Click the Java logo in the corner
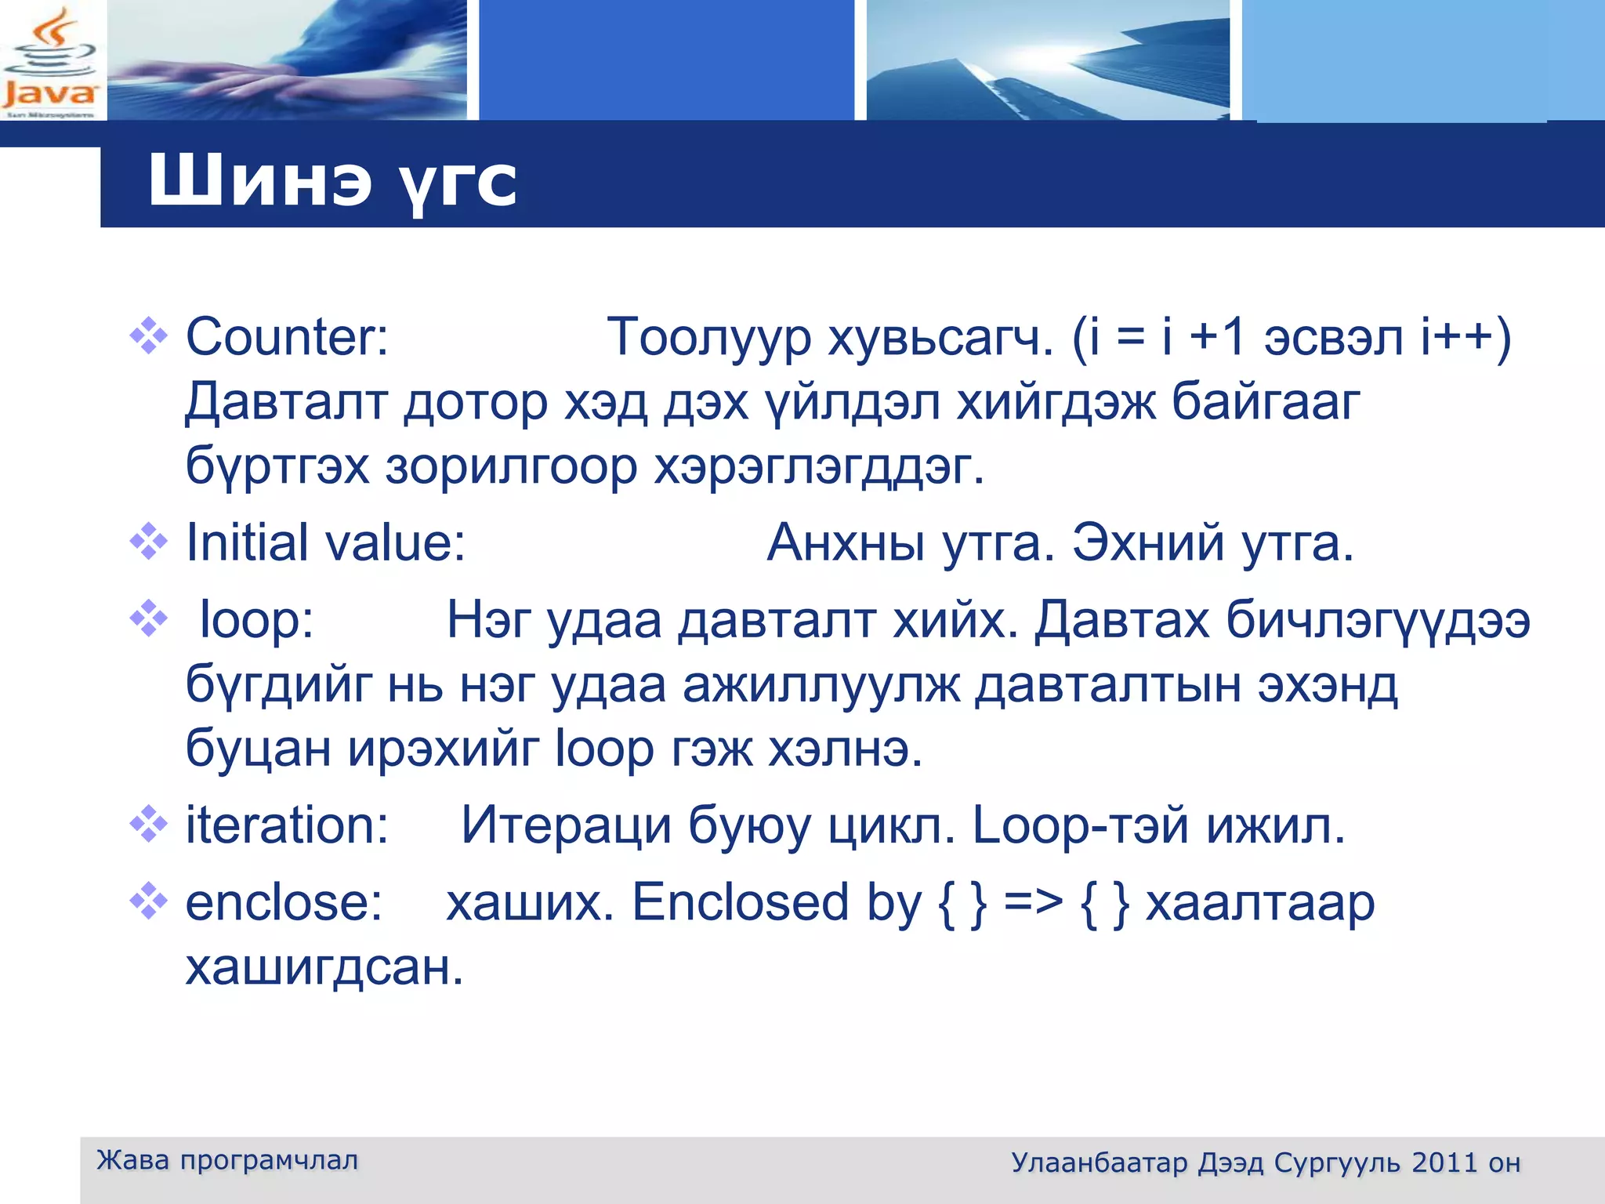click(x=49, y=61)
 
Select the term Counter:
click(x=287, y=337)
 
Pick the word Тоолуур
click(x=708, y=337)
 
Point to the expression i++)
click(x=1466, y=337)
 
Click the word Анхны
click(x=846, y=542)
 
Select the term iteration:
click(x=287, y=825)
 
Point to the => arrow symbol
click(x=1033, y=902)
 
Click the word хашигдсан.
click(x=324, y=967)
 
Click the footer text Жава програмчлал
click(x=227, y=1160)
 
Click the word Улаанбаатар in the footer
click(x=1099, y=1162)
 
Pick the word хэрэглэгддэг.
click(x=818, y=467)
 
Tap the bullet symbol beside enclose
click(x=148, y=901)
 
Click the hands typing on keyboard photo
click(x=287, y=61)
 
